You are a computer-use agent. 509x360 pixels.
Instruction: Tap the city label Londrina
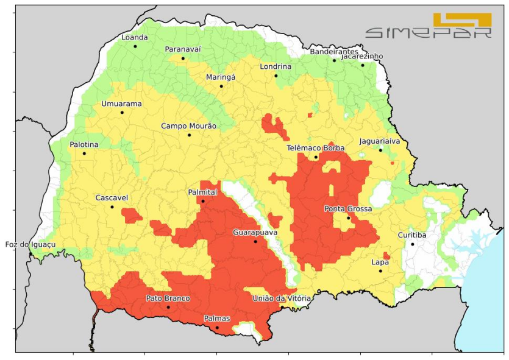pos(276,66)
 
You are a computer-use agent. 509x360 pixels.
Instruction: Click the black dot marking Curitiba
pos(413,244)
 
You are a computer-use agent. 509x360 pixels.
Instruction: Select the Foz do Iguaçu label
pos(30,244)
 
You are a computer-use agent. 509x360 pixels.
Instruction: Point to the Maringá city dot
pos(221,86)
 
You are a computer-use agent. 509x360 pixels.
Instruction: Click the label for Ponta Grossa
pos(348,209)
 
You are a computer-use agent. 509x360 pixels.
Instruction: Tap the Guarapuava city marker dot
pos(255,241)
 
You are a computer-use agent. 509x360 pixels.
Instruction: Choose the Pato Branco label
pos(168,298)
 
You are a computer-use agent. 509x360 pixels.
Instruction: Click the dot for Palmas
pos(217,328)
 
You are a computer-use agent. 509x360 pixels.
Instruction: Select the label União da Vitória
pos(282,298)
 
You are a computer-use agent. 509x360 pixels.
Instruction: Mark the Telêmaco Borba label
pos(316,148)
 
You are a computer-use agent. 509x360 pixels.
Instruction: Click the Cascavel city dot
pos(112,207)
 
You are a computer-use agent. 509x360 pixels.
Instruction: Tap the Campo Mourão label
pos(189,126)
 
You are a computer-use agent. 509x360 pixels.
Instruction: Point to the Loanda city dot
pos(135,46)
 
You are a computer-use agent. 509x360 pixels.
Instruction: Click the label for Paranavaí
pos(183,49)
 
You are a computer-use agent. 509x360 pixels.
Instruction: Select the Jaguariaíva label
pos(380,141)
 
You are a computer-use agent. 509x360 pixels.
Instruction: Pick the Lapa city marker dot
pos(380,271)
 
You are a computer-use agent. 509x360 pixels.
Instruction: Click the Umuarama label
pos(121,104)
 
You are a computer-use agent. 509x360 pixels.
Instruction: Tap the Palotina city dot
pos(84,153)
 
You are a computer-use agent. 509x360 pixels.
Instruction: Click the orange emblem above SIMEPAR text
pos(461,19)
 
